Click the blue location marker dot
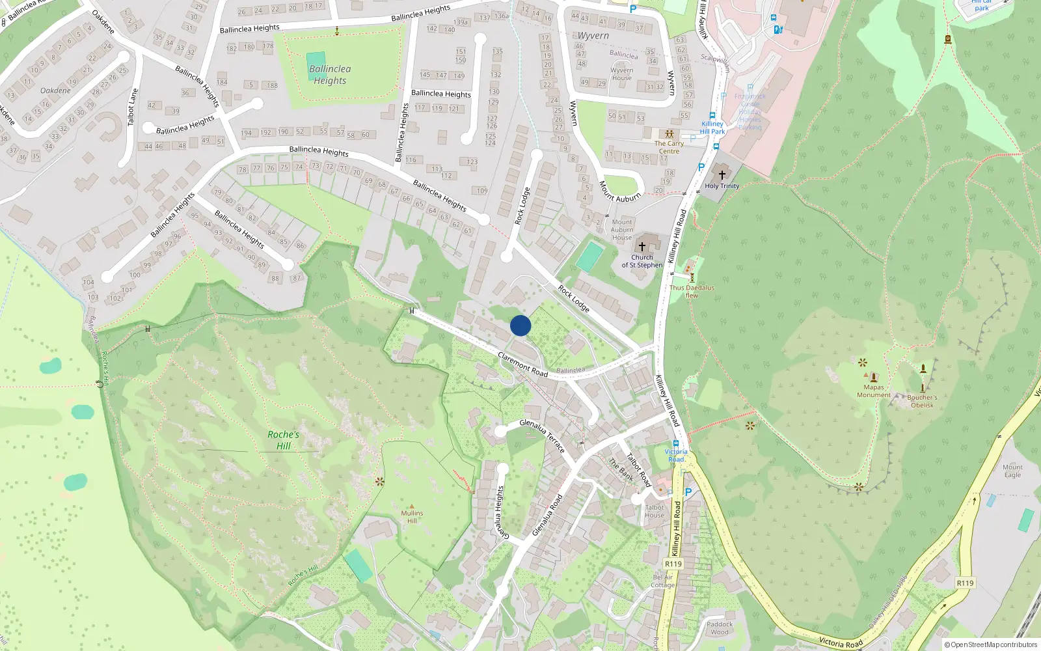(520, 325)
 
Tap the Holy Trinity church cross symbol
(722, 175)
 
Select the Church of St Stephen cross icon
(642, 247)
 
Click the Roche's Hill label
(284, 440)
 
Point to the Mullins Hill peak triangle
(412, 505)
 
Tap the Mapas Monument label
(874, 391)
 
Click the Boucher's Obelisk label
(922, 401)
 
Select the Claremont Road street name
(522, 364)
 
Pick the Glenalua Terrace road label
(543, 436)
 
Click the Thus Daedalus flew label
(692, 291)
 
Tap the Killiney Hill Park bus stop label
(712, 128)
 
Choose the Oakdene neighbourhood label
(55, 90)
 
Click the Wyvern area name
(593, 36)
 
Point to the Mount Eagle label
(1012, 471)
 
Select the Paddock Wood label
(720, 628)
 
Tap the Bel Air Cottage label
(663, 581)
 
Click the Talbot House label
(655, 511)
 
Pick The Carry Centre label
(669, 147)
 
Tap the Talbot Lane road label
(133, 107)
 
